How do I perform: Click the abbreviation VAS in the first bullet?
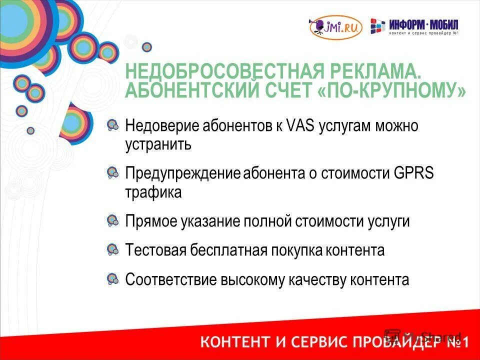coord(300,125)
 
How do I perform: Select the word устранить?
coord(158,145)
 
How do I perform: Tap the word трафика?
coord(153,192)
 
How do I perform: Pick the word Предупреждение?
coord(183,173)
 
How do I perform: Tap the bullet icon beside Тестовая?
coord(113,248)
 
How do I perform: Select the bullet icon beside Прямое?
coord(113,220)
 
